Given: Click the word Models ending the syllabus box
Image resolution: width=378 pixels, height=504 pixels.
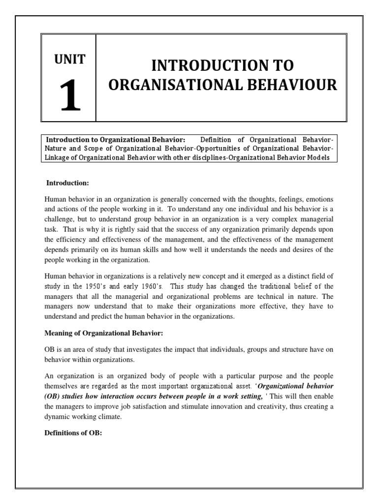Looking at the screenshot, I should pos(318,157).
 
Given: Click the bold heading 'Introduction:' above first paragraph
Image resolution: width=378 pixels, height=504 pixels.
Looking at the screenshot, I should pos(67,183).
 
